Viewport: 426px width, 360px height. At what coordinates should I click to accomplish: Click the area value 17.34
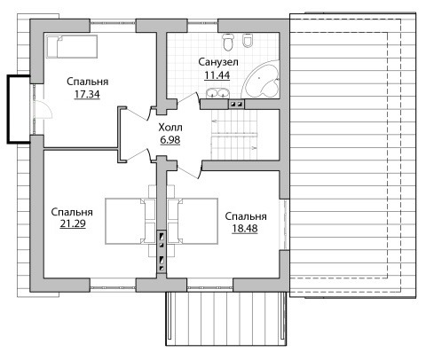pos(87,94)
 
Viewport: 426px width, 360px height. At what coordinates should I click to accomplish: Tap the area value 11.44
pos(217,75)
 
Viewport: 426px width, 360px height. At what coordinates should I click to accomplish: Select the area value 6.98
pos(170,140)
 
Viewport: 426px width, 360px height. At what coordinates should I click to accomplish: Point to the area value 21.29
pos(73,223)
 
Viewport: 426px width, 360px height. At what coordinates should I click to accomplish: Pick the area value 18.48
pos(245,228)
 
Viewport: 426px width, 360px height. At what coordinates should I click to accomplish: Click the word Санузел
pos(218,62)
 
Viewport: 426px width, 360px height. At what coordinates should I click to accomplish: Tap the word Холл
pos(170,128)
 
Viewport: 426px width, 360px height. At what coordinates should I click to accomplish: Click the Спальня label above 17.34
pos(88,82)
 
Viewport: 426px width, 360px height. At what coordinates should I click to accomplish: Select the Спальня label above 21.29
pos(72,212)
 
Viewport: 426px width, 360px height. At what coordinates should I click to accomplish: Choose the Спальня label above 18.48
pos(246,216)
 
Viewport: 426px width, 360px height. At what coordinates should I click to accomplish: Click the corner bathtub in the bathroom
pos(261,79)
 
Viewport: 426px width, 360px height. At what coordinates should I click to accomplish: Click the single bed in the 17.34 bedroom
pos(72,46)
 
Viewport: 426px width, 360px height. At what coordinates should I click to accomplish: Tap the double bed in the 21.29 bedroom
pos(130,221)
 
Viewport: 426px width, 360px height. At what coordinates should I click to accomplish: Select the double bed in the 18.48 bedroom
pos(193,221)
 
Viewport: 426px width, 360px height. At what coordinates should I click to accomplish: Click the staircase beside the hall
pos(234,135)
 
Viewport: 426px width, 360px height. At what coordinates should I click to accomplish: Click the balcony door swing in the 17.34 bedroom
pos(43,109)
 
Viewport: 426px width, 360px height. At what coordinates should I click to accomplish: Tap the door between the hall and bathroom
pos(188,99)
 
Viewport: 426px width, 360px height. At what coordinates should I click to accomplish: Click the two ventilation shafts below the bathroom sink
pos(237,104)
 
